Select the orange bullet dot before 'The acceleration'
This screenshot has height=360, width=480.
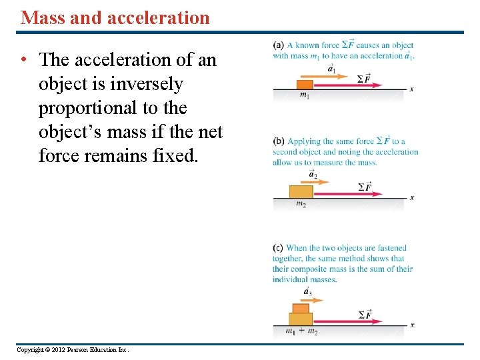tap(23, 60)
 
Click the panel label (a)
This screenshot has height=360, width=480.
tap(278, 45)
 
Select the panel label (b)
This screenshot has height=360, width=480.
tap(278, 141)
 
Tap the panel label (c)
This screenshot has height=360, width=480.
tap(278, 248)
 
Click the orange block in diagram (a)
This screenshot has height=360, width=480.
tap(304, 85)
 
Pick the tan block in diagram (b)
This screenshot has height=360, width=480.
tap(301, 192)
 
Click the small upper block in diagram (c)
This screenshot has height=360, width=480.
tap(301, 307)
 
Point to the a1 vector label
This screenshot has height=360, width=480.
tap(331, 68)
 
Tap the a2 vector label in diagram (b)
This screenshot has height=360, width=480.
tap(313, 175)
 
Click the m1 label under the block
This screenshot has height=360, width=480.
tap(304, 95)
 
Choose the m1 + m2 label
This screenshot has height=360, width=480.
tap(301, 331)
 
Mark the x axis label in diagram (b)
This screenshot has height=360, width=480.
tap(412, 197)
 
